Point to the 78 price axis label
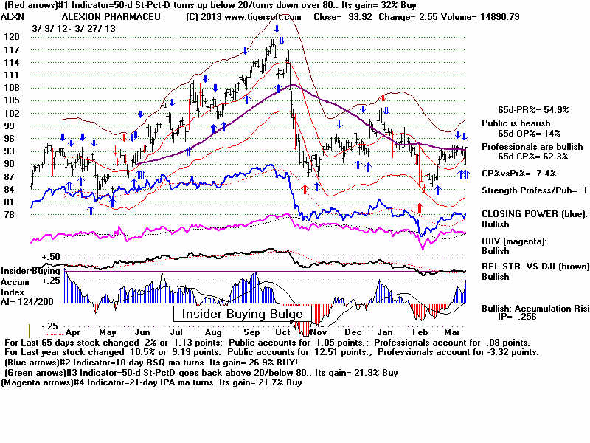[10, 215]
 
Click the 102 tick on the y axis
[10, 113]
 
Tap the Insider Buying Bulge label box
[238, 315]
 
